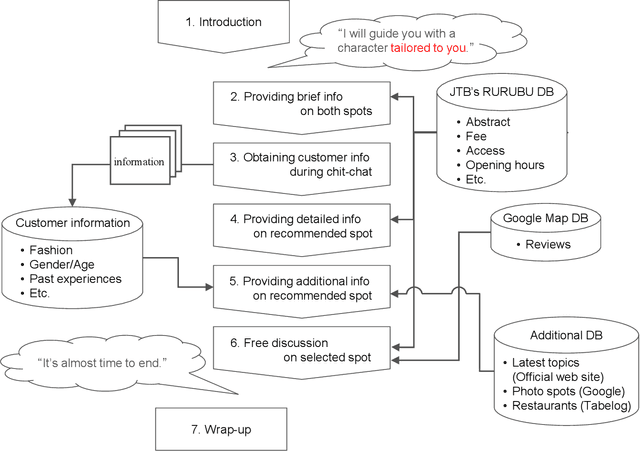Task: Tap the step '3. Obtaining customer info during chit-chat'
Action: coord(300,164)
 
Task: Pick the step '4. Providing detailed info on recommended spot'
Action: coord(300,225)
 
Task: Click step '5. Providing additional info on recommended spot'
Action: coord(300,286)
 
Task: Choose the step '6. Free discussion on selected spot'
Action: coord(300,349)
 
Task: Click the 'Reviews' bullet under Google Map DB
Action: coord(547,245)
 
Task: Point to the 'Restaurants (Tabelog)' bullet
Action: coord(567,406)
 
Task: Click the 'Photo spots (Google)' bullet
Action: coord(567,391)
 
